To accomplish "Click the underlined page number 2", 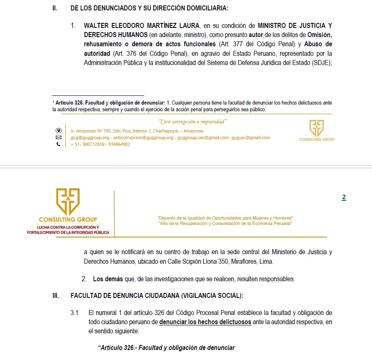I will coord(344,198).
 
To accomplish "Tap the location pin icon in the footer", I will coord(58,130).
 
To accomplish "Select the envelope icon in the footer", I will coord(58,137).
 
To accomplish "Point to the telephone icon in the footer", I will coord(58,144).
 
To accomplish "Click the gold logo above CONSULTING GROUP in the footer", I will coord(317,128).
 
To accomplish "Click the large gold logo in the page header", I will coord(68,201).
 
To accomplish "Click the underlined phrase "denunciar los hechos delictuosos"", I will coord(205,322).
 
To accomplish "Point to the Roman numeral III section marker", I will coord(55,295).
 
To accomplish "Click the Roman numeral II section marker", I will coord(55,8).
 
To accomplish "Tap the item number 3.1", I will coord(75,312).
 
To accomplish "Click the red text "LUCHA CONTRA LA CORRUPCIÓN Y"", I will coord(68,227).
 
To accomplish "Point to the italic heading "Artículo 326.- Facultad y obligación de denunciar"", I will coord(166,348).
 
